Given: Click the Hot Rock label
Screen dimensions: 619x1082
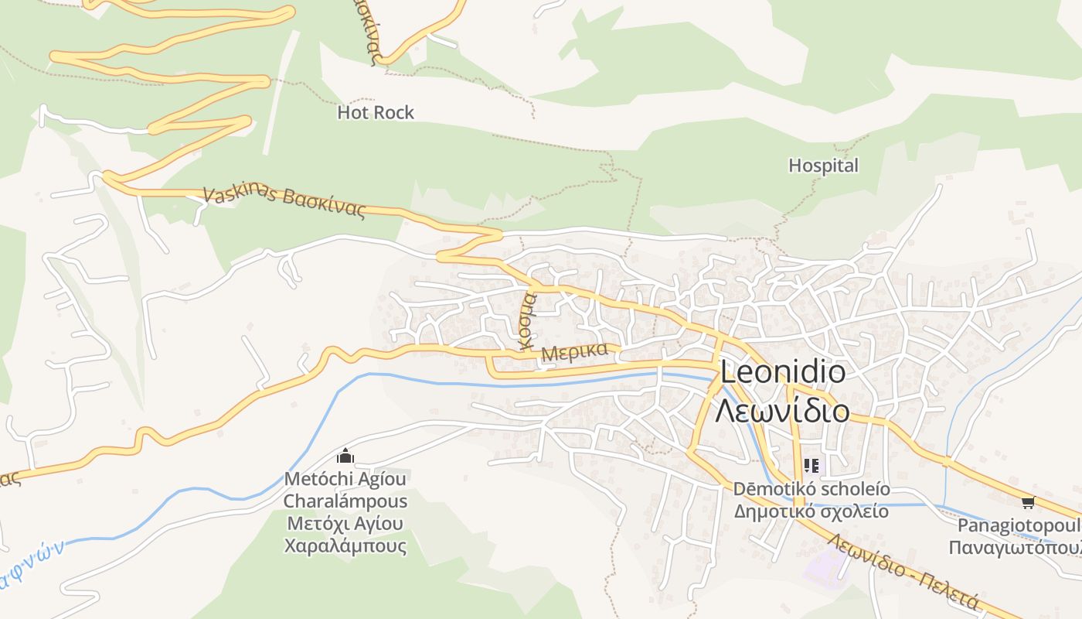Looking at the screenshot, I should click(376, 113).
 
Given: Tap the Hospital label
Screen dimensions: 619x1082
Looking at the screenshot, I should click(823, 166).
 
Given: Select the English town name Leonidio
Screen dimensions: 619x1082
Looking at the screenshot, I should click(782, 373).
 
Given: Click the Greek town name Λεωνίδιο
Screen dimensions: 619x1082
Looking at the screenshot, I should click(781, 411).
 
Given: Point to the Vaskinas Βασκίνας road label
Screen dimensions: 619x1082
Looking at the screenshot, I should click(284, 203).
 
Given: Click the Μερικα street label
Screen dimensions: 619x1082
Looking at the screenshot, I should click(574, 353).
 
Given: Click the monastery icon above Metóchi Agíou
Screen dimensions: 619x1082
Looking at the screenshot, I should click(345, 457).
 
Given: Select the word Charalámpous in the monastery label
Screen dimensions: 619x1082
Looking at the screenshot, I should click(345, 501).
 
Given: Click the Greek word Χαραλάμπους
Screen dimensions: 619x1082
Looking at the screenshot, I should click(345, 546).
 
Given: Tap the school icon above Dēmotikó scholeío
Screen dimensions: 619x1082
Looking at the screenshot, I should click(811, 466).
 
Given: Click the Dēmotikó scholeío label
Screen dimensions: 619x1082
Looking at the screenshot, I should click(811, 490).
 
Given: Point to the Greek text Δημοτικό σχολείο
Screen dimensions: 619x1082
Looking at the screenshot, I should click(811, 511).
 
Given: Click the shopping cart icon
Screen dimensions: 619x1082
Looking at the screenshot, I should click(1027, 503).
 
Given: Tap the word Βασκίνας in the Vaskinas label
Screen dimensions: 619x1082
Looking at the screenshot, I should click(325, 206).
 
